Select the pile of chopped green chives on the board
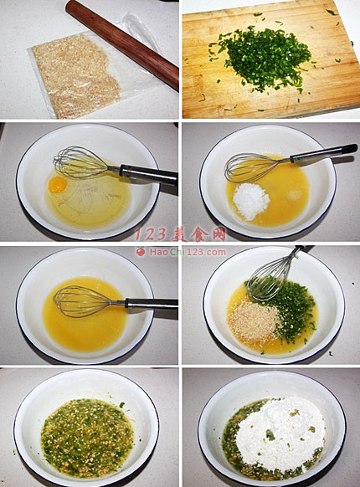coord(265,59)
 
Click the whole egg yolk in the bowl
coord(58,184)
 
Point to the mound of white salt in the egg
coord(251,200)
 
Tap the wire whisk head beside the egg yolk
coord(81,163)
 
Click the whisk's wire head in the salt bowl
coord(254,167)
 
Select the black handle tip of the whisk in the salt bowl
coord(350,149)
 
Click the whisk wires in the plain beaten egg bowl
coord(81,301)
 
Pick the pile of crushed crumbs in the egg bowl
coord(253,323)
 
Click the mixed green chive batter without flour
coord(87,438)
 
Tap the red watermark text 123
coord(151,234)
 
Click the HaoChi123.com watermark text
coord(188,252)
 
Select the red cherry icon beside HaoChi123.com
coord(141,251)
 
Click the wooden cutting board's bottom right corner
coord(359,105)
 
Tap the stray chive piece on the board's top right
coord(332,13)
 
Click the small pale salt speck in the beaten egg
coord(295,195)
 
